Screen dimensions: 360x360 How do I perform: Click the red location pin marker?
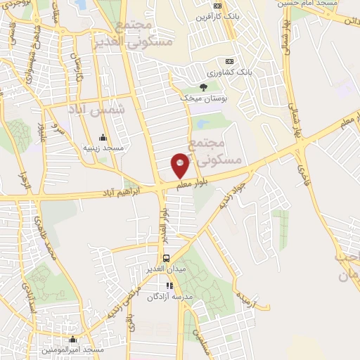pyautogui.click(x=180, y=165)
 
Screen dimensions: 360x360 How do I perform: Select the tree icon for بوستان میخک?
pyautogui.click(x=203, y=88)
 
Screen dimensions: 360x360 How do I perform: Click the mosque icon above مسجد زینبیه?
pyautogui.click(x=103, y=137)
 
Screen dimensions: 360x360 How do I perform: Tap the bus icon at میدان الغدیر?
pyautogui.click(x=167, y=257)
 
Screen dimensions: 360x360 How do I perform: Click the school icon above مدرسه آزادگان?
pyautogui.click(x=169, y=285)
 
